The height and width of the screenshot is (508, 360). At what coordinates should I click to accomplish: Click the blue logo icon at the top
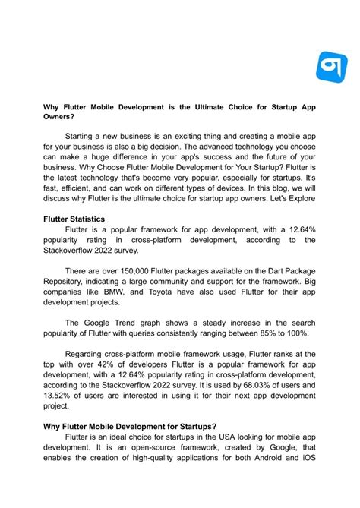pyautogui.click(x=330, y=68)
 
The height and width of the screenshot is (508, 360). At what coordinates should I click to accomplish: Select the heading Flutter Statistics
pyautogui.click(x=76, y=218)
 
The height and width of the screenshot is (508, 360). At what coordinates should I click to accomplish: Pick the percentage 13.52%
pyautogui.click(x=60, y=393)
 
